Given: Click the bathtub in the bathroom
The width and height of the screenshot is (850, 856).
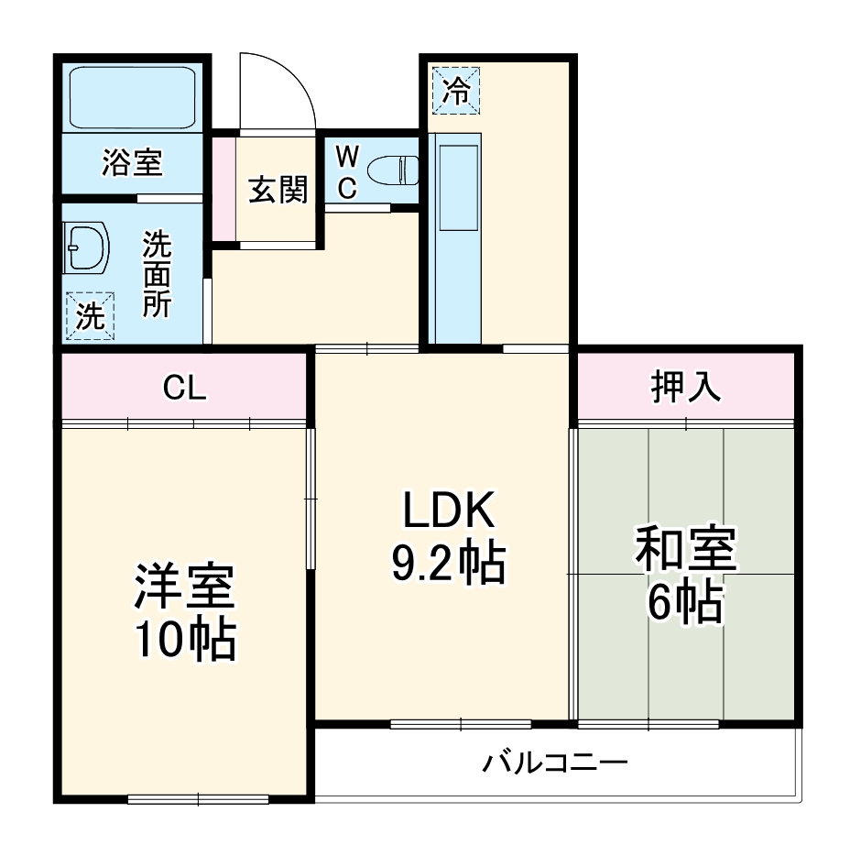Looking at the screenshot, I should pyautogui.click(x=134, y=97).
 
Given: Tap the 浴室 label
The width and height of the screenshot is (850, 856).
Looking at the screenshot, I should pyautogui.click(x=132, y=164).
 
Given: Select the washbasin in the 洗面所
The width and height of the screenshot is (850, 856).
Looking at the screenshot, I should pyautogui.click(x=87, y=247).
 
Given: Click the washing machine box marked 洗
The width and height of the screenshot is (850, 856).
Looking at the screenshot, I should pyautogui.click(x=90, y=316).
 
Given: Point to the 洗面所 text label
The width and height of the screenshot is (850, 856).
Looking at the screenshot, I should pyautogui.click(x=157, y=274).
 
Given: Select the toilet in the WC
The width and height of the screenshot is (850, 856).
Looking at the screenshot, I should pyautogui.click(x=391, y=170).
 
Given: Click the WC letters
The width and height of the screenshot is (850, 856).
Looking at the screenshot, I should pyautogui.click(x=347, y=171).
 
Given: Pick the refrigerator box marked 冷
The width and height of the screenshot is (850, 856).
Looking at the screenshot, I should pyautogui.click(x=455, y=90).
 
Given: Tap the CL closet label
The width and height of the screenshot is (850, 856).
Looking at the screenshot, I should pyautogui.click(x=184, y=389).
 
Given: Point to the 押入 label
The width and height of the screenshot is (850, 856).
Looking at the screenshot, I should pyautogui.click(x=685, y=387).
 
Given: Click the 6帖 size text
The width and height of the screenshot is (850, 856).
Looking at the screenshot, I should pyautogui.click(x=685, y=602).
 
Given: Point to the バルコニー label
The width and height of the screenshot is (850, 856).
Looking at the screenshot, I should pyautogui.click(x=556, y=762).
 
